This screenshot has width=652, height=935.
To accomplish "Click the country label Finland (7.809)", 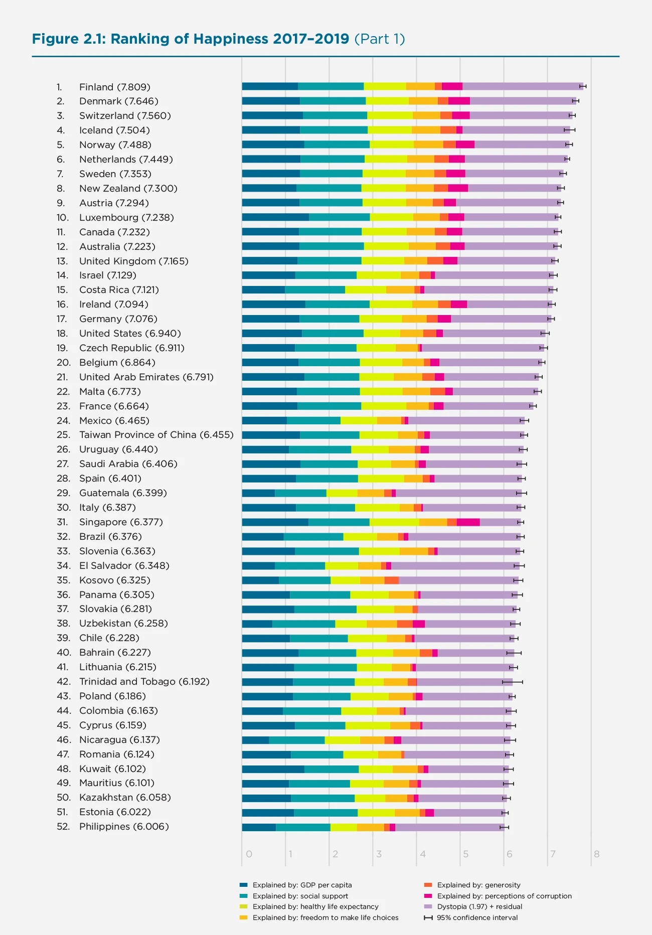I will (x=115, y=87).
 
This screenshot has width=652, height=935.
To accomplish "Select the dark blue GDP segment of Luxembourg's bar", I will (x=275, y=217).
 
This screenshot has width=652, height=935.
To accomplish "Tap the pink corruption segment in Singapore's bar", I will (x=468, y=522).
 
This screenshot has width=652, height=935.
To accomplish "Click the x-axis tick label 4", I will (x=423, y=854).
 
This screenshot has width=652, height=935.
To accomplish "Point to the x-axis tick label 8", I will (x=596, y=854).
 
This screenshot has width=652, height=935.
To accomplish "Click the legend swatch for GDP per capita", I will (x=244, y=885).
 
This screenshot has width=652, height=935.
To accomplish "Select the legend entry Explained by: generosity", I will (x=478, y=885).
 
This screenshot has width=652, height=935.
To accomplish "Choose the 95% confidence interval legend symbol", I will (x=428, y=918).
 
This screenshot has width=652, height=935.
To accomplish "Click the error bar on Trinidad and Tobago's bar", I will (x=512, y=682).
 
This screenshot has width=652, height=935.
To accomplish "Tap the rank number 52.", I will (x=63, y=827).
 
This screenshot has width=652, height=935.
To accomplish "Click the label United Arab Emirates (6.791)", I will (x=146, y=377).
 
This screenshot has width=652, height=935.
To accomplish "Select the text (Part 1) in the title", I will (x=380, y=39).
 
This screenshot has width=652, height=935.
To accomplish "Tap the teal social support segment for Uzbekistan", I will (x=303, y=624).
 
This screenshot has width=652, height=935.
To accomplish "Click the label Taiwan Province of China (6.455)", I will (x=156, y=435).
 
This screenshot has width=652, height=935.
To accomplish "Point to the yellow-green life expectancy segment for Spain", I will (x=381, y=479).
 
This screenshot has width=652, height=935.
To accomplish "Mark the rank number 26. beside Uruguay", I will (x=63, y=449).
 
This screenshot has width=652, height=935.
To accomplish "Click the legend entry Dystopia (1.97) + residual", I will (x=479, y=907).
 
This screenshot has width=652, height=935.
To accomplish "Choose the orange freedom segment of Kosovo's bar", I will (x=372, y=580).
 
